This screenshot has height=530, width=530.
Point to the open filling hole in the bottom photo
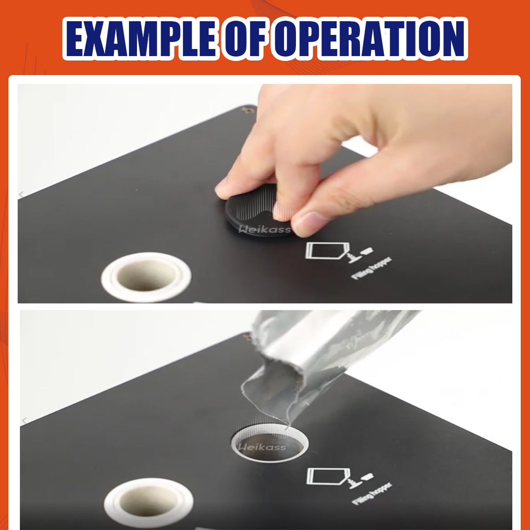click(269, 446)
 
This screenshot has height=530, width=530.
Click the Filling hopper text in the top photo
click(371, 268)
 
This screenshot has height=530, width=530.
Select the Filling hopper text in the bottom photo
click(372, 494)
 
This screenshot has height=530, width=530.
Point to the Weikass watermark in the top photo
click(265, 229)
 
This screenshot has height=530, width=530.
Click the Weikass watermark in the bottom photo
click(262, 447)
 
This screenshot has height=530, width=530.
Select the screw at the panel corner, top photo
click(245, 110)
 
